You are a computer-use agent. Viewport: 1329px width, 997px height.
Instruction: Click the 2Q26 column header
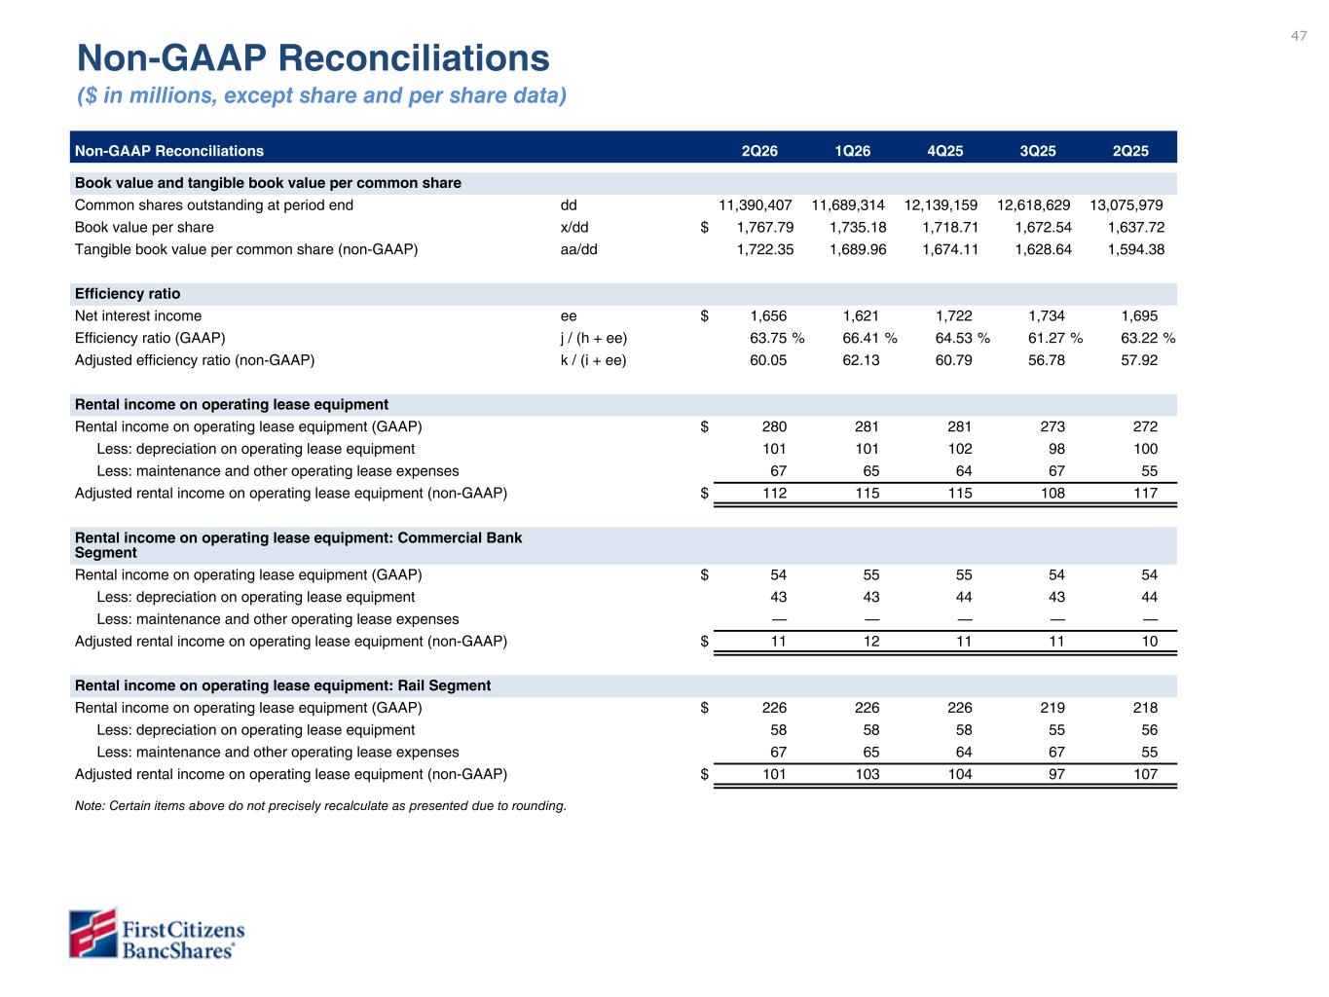point(759,151)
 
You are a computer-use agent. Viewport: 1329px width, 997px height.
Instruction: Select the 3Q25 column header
point(1037,151)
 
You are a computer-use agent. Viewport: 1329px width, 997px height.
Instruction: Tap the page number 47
point(1298,36)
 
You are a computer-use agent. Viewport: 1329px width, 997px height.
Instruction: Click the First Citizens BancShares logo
point(156,934)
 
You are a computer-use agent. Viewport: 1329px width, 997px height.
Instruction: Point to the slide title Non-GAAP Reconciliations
point(314,58)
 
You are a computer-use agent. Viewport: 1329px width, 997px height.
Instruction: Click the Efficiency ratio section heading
point(128,294)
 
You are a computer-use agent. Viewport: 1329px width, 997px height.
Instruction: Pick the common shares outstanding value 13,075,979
point(1126,205)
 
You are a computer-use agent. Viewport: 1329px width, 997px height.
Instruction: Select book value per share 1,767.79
point(764,228)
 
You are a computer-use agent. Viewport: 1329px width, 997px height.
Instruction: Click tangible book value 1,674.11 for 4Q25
point(950,249)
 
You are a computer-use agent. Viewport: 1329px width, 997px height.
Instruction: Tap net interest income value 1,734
point(1047,316)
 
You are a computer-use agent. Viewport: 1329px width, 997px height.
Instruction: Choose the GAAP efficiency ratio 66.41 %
point(869,338)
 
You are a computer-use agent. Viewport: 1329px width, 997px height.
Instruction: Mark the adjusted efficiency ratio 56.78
point(1046,360)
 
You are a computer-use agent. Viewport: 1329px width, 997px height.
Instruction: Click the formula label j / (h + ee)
point(593,339)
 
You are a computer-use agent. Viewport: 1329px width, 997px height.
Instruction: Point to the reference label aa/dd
point(578,249)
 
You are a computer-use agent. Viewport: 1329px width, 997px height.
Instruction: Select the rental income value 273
point(1052,426)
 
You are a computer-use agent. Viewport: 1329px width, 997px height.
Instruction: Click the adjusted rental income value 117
point(1145,494)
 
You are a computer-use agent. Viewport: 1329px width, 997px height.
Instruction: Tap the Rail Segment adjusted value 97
point(1056,774)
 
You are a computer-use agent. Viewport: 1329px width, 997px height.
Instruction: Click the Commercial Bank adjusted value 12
point(870,641)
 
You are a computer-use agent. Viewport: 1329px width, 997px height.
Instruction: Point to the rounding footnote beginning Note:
point(320,806)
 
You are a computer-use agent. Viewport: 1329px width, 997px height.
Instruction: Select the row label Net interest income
point(138,316)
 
